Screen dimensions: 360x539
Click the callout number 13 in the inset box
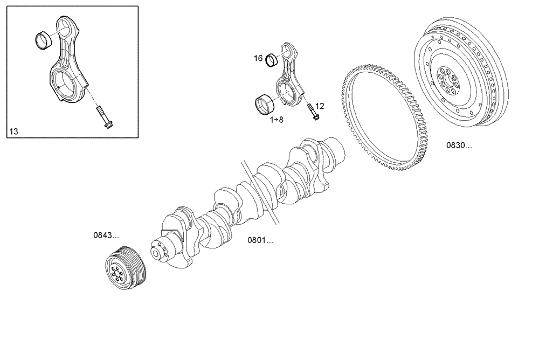coord(13,131)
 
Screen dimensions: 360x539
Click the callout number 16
coord(258,58)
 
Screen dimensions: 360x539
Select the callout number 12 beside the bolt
coord(320,106)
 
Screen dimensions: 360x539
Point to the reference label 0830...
coord(459,145)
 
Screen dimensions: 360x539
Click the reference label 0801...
coord(260,240)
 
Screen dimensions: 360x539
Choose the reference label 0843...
coord(106,235)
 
